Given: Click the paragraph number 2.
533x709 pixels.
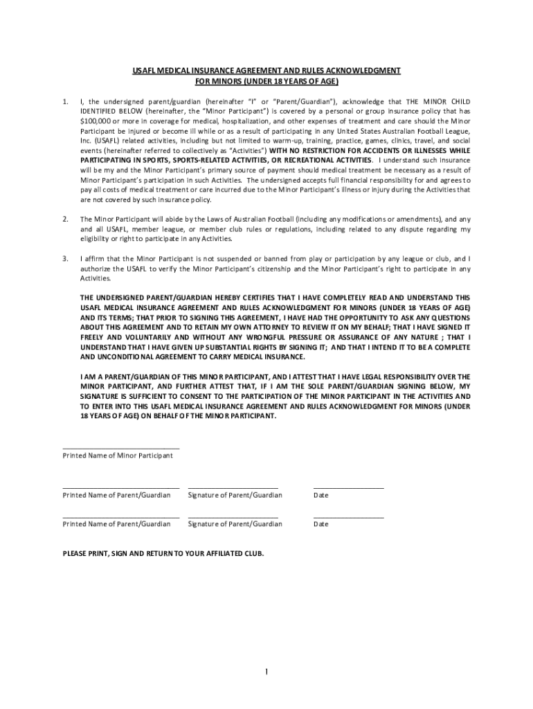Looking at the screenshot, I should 64,219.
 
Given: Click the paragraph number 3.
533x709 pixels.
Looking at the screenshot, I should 64,258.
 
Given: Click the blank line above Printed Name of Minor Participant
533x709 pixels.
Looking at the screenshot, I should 121,449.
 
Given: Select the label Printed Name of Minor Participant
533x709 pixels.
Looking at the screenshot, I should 118,456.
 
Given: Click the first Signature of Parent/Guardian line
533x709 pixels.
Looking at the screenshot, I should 233,488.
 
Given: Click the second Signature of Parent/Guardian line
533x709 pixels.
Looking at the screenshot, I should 233,517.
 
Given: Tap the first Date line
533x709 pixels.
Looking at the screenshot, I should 348,488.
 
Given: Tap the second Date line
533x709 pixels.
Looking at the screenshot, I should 348,517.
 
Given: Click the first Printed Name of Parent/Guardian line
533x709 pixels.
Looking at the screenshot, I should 121,488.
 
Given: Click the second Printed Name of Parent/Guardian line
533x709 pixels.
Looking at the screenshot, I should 121,517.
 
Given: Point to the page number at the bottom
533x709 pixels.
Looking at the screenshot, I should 266,672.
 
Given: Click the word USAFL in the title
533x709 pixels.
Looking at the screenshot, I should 145,71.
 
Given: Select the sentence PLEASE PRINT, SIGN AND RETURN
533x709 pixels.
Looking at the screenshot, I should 163,554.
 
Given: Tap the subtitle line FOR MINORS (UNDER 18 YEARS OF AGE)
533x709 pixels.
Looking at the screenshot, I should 266,81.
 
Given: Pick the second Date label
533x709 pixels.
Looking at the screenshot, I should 321,524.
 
